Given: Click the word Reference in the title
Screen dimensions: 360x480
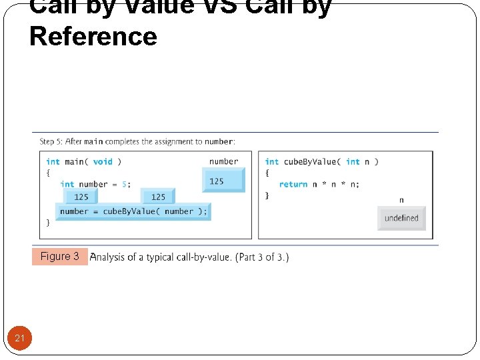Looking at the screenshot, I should point(93,36).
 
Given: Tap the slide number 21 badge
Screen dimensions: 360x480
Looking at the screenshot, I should point(20,338).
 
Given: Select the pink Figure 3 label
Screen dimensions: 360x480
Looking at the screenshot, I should point(59,257).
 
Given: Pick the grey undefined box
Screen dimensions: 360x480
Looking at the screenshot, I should point(401,218).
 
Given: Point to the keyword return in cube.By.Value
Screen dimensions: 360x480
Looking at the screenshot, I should point(293,184).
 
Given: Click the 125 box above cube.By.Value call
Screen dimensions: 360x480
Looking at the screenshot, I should point(158,196).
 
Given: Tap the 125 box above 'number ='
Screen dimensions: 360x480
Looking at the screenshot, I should point(81,196).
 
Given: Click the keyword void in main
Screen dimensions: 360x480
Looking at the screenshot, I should point(103,161).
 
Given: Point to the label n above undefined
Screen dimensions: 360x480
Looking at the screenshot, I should point(401,200).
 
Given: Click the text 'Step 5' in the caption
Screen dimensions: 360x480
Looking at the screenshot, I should point(51,141).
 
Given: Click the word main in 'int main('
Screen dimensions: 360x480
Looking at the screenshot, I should point(74,161).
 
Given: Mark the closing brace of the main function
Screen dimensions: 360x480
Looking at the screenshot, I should point(48,222).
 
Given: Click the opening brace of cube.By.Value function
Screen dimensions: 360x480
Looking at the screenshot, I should point(267,173).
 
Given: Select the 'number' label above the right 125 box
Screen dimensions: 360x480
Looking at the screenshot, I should point(223,161).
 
